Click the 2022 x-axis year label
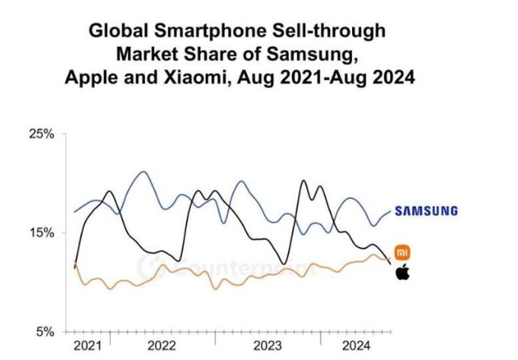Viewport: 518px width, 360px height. click(x=162, y=346)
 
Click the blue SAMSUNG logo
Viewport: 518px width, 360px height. click(x=426, y=211)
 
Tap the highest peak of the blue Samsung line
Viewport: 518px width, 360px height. click(x=143, y=172)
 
